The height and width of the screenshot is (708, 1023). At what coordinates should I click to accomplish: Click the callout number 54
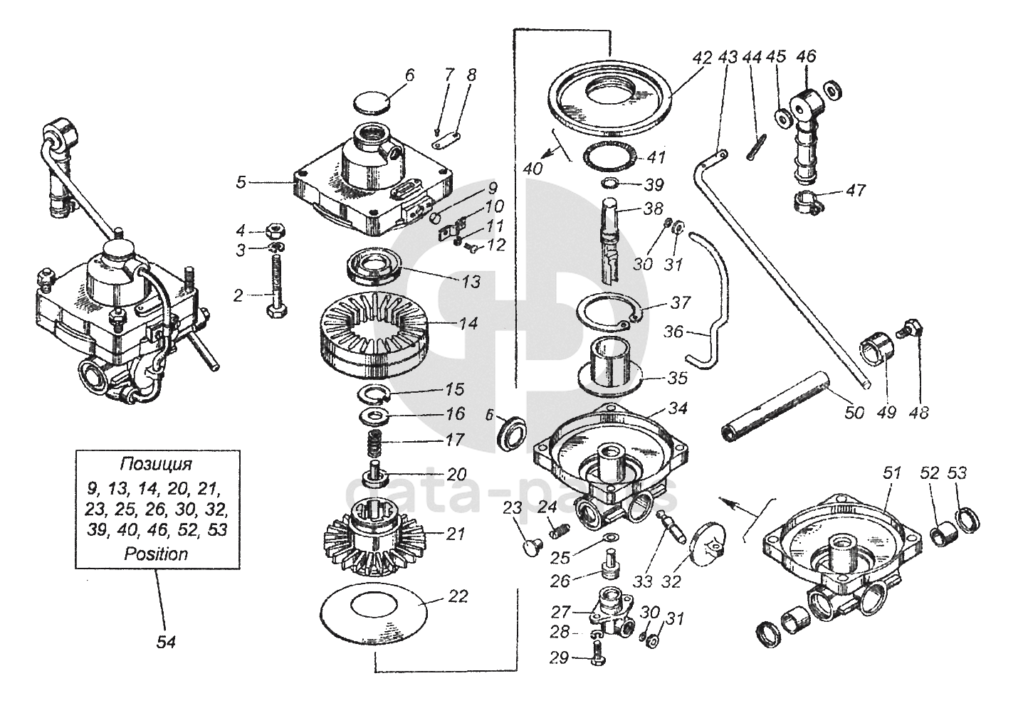pos(166,643)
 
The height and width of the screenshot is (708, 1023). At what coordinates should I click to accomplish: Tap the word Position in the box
pos(156,554)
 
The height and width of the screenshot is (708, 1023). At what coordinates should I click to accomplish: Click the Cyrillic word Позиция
pos(156,464)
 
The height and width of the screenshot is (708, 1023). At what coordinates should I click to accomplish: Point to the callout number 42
pos(702,58)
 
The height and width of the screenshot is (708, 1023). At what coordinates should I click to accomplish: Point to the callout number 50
pos(854,413)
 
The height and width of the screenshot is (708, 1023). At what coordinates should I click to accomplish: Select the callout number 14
pos(468,324)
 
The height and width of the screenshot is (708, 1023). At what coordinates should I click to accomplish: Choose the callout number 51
pos(891,473)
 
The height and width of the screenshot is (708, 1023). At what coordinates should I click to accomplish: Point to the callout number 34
pos(677,408)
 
